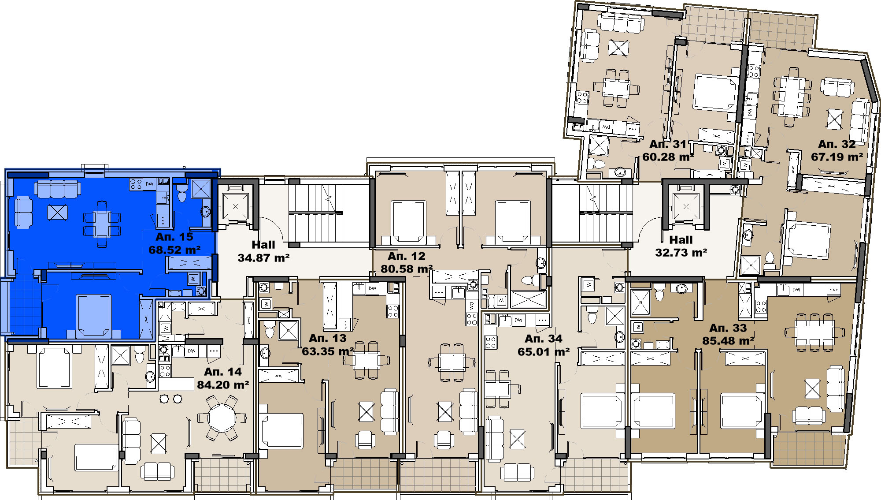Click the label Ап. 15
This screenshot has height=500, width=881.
[x=174, y=237]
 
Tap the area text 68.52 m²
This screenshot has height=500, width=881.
[x=174, y=250]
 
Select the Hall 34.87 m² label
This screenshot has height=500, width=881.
[x=263, y=251]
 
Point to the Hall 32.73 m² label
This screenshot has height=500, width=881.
[x=681, y=246]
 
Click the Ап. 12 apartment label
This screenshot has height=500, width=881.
[x=407, y=256]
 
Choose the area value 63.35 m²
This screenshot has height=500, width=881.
[x=328, y=351]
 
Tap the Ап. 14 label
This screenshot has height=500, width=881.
[x=223, y=372]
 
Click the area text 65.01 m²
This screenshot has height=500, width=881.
[x=544, y=352]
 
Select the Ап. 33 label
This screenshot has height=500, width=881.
[x=728, y=328]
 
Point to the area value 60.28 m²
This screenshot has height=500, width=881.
[x=668, y=157]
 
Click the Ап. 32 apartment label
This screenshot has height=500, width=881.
[x=837, y=144]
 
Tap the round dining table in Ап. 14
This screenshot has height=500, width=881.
[x=222, y=417]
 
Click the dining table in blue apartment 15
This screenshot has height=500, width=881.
[x=102, y=224]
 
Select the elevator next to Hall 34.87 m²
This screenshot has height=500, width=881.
[x=235, y=206]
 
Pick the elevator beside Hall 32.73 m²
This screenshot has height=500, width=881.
[x=686, y=206]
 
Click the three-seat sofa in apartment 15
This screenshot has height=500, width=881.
[x=57, y=188]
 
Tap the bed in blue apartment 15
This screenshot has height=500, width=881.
[x=93, y=316]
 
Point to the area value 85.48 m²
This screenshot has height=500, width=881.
[x=728, y=341]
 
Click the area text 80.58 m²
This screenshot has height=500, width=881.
[x=407, y=269]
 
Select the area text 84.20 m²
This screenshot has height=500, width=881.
[x=223, y=385]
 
